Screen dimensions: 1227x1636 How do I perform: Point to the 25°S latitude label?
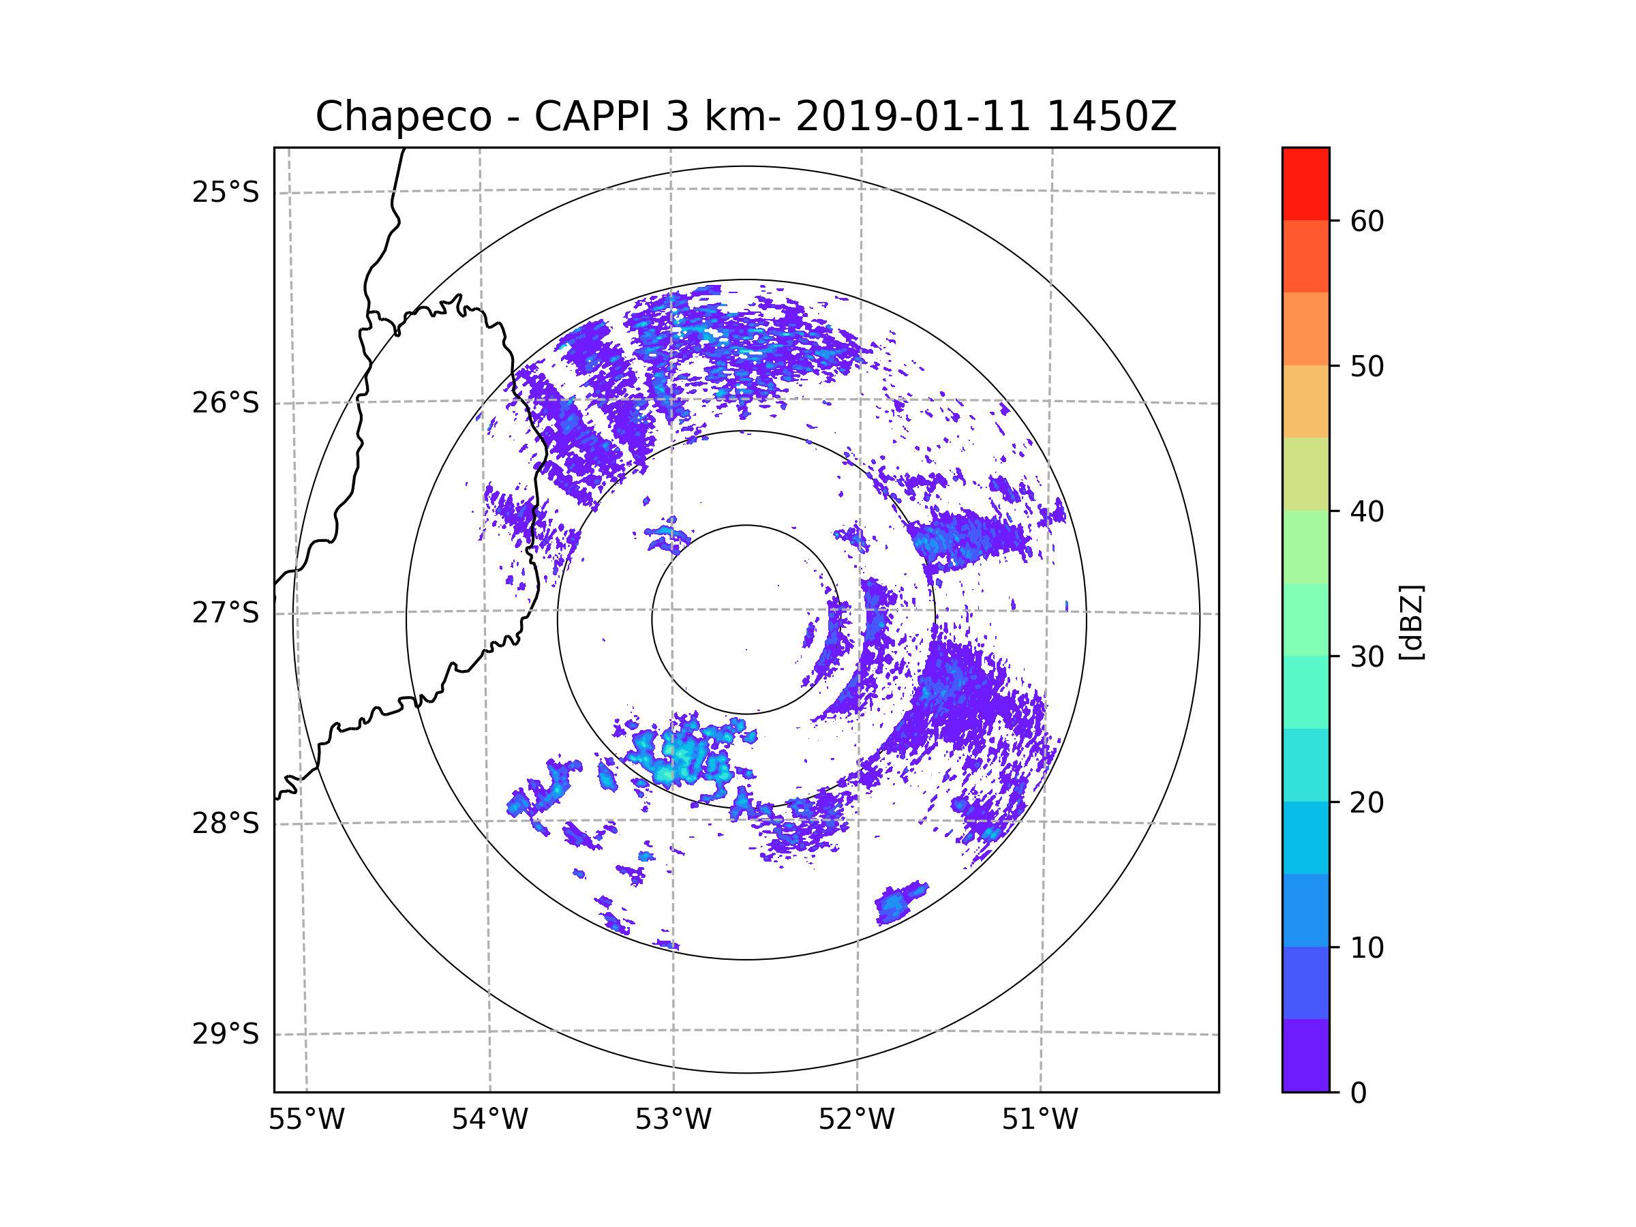click(x=226, y=192)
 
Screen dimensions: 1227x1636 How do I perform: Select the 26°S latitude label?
click(x=226, y=403)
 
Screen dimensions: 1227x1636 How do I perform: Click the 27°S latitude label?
click(x=226, y=613)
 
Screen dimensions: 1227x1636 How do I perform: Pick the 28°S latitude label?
click(x=226, y=823)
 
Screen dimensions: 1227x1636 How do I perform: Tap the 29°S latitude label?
click(x=226, y=1034)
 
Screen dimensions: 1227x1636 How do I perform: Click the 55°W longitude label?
click(x=306, y=1120)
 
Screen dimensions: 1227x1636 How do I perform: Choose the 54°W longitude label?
click(x=489, y=1120)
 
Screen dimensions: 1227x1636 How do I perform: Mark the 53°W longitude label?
click(x=673, y=1120)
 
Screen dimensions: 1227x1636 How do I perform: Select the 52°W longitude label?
click(x=856, y=1120)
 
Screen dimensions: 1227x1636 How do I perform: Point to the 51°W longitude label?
click(x=1040, y=1120)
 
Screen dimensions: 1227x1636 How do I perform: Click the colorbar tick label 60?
click(x=1367, y=221)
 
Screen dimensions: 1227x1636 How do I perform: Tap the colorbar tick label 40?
click(x=1367, y=512)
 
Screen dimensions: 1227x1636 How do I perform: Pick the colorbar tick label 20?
click(x=1367, y=802)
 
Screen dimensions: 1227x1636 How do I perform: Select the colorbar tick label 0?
click(x=1359, y=1093)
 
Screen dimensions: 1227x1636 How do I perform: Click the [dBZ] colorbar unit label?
click(x=1411, y=622)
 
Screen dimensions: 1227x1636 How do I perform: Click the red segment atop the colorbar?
click(x=1305, y=183)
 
